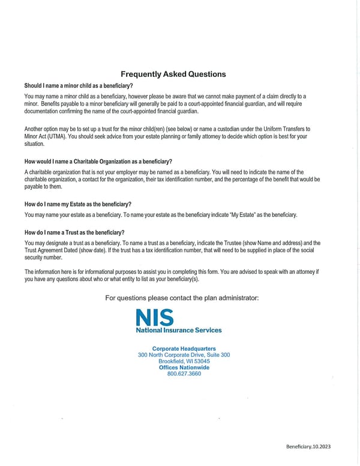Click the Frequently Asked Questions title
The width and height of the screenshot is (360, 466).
pos(173,74)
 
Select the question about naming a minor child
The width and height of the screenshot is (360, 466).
pos(79,86)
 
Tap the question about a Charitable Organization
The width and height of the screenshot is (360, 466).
pos(98,162)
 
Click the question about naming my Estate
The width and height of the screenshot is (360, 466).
pos(77,204)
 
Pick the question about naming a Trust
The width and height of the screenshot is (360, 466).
pos(74,232)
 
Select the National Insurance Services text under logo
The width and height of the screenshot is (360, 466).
pos(178,330)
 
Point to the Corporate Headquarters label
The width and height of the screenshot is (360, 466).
pos(184,349)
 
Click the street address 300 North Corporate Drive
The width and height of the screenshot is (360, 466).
pos(184,355)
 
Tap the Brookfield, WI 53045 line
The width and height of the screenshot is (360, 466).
pos(184,362)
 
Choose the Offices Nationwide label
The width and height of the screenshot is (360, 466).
pos(184,368)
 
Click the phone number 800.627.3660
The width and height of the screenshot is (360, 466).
pos(184,374)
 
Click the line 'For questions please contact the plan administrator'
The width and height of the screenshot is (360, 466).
pos(182,298)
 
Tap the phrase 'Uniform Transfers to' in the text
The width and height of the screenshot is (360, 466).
pos(283,129)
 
